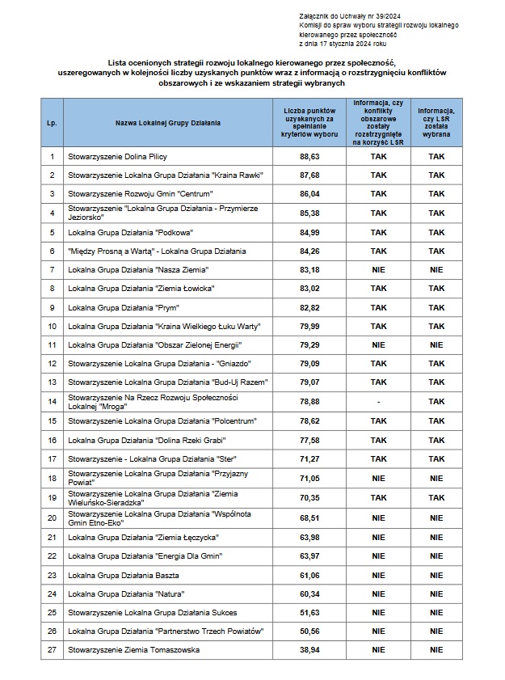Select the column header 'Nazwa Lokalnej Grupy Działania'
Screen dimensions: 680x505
[167, 123]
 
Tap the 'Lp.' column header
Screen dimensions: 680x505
[52, 123]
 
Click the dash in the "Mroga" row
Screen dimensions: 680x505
[378, 401]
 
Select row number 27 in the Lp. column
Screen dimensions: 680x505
[52, 649]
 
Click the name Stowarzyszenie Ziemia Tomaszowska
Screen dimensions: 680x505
[133, 649]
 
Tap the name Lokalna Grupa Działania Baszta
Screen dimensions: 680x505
[120, 575]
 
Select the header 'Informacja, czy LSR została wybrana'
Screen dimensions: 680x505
[436, 123]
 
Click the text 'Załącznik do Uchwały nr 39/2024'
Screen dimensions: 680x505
[344, 16]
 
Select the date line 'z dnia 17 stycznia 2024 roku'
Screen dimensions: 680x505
[343, 44]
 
